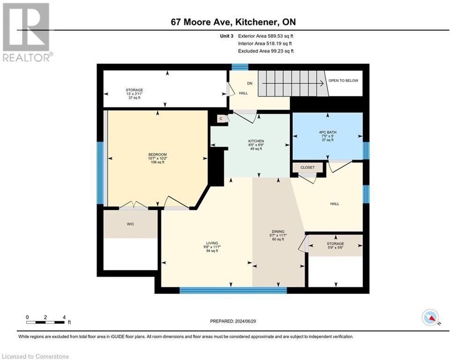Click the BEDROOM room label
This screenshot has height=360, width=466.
pyautogui.click(x=157, y=155)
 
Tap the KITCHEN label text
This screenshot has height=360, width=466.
pyautogui.click(x=256, y=141)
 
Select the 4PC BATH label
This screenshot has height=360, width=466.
pyautogui.click(x=327, y=132)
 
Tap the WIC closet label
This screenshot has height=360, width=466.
pyautogui.click(x=131, y=224)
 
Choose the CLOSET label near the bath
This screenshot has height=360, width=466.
pyautogui.click(x=308, y=167)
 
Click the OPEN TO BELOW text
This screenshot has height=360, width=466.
pyautogui.click(x=343, y=81)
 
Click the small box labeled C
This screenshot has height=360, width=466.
pyautogui.click(x=220, y=119)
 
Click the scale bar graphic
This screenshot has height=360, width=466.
pyautogui.click(x=45, y=322)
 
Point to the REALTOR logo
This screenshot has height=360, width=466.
pyautogui.click(x=26, y=32)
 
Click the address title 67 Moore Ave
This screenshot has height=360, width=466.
pyautogui.click(x=232, y=22)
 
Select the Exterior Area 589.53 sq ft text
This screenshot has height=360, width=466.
pyautogui.click(x=266, y=36)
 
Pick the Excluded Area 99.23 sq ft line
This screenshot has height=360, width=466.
pyautogui.click(x=266, y=51)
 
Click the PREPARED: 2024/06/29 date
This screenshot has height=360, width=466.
pyautogui.click(x=233, y=321)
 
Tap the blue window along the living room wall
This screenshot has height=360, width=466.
pyautogui.click(x=233, y=290)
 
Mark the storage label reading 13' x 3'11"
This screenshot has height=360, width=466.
pyautogui.click(x=134, y=94)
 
